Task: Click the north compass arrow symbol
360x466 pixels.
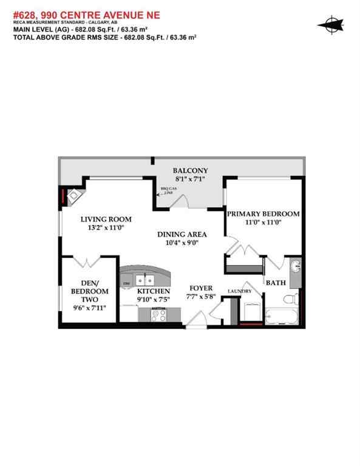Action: [331, 24]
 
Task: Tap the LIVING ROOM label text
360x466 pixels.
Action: [106, 219]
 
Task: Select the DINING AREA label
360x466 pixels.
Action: [182, 234]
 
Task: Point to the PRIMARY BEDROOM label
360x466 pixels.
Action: [263, 214]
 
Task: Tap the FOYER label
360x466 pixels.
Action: [201, 288]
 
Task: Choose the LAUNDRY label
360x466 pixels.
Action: [239, 292]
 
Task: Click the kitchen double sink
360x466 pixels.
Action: [144, 280]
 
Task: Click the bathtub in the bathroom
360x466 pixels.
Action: [280, 317]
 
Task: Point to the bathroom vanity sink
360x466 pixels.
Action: [295, 267]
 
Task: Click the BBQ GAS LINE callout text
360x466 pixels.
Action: [166, 191]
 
